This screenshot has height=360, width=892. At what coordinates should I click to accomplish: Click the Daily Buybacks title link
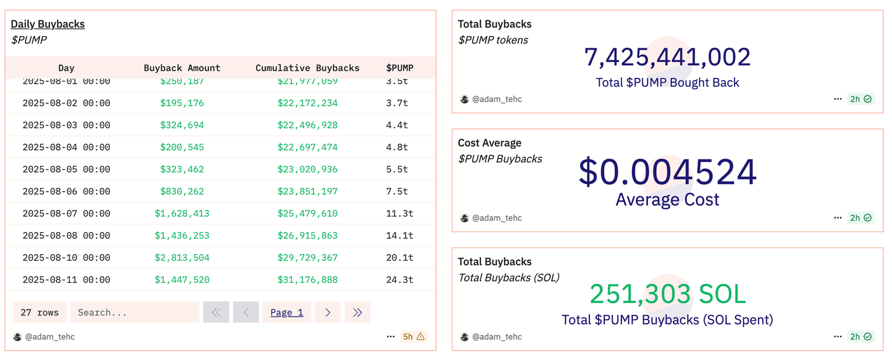48,24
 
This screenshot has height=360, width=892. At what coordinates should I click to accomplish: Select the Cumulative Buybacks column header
307,68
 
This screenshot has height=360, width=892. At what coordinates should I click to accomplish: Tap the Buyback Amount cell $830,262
182,191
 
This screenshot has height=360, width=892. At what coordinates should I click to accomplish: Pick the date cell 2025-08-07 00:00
66,213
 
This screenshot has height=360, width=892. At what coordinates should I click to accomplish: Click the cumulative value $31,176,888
307,279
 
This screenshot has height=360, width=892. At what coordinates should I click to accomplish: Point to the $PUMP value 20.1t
400,257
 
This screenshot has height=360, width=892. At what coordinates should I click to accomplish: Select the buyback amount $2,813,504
182,257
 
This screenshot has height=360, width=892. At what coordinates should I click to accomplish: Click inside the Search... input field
134,312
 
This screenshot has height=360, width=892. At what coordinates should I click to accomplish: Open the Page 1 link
287,312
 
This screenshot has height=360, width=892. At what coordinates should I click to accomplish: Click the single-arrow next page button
328,312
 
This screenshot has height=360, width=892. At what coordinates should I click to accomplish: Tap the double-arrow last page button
357,312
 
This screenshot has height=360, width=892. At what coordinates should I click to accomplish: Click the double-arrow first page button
216,312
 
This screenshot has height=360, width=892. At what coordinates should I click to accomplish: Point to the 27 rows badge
39,312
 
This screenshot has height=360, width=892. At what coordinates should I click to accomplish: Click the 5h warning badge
414,336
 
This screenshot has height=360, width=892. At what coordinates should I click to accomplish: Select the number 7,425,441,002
667,57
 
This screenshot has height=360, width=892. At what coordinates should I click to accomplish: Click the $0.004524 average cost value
667,172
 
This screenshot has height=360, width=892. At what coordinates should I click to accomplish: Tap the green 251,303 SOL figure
667,294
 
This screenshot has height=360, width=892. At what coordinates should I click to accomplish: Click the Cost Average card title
490,143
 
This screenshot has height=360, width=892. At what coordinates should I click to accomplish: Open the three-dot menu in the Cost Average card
837,218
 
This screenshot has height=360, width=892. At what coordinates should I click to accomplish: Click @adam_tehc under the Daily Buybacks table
50,337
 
